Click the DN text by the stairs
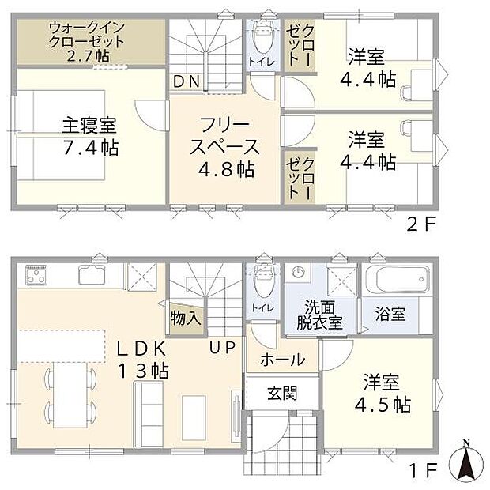(187, 80)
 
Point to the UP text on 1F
(220, 345)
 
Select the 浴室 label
(390, 314)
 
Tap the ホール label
(281, 360)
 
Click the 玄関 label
(281, 392)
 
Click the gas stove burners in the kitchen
(37, 277)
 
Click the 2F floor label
(421, 224)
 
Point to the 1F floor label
(422, 471)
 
